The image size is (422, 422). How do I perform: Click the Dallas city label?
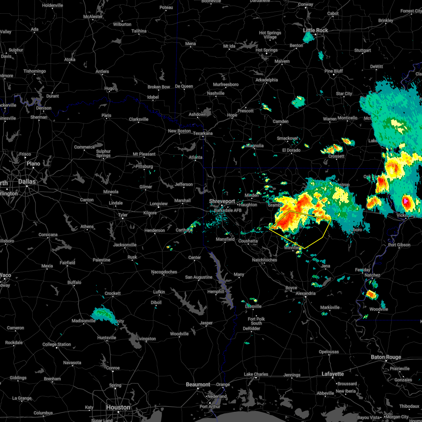[27, 182]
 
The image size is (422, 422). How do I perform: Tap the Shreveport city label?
[222, 201]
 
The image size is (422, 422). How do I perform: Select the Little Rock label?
[315, 31]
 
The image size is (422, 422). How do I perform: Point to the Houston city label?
[118, 407]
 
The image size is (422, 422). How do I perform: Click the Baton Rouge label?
[386, 357]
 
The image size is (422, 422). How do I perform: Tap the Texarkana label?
[203, 133]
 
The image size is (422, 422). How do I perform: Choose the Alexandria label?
[305, 293]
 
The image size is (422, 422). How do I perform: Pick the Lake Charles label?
[256, 374]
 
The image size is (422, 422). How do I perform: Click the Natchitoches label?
[264, 260]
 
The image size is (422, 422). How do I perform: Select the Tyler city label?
[123, 215]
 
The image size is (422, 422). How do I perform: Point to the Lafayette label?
[333, 374]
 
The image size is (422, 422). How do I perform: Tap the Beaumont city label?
[198, 384]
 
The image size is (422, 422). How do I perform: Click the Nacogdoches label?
[164, 272]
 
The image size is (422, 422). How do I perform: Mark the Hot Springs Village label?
[270, 35]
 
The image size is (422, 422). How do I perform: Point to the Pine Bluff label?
[334, 71]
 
